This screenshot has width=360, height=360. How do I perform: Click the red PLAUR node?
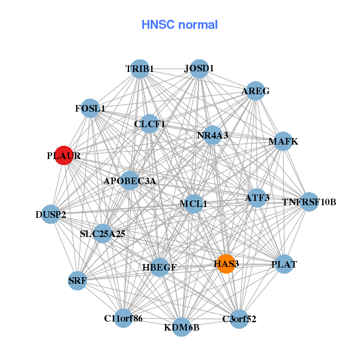click(64, 155)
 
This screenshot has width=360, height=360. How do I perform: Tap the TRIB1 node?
click(140, 69)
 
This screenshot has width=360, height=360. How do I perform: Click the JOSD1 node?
click(199, 68)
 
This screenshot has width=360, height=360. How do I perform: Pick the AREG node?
click(256, 91)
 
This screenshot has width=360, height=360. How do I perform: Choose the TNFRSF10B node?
click(309, 202)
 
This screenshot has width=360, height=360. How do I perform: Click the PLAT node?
click(284, 264)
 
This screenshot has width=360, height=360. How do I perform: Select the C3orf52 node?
click(239, 319)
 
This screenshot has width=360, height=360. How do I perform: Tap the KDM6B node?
click(182, 327)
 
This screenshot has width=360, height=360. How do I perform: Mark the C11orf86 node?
click(123, 318)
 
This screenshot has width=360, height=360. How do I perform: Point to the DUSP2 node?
click(50, 214)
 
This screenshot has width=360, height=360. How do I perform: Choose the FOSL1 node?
click(90, 109)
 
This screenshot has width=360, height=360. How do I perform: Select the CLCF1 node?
click(149, 124)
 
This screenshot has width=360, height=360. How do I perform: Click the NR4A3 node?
click(212, 135)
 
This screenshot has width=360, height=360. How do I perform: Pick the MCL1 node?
click(193, 203)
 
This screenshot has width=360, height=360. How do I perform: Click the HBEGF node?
click(159, 267)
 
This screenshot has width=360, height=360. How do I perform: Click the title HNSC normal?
click(179, 25)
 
